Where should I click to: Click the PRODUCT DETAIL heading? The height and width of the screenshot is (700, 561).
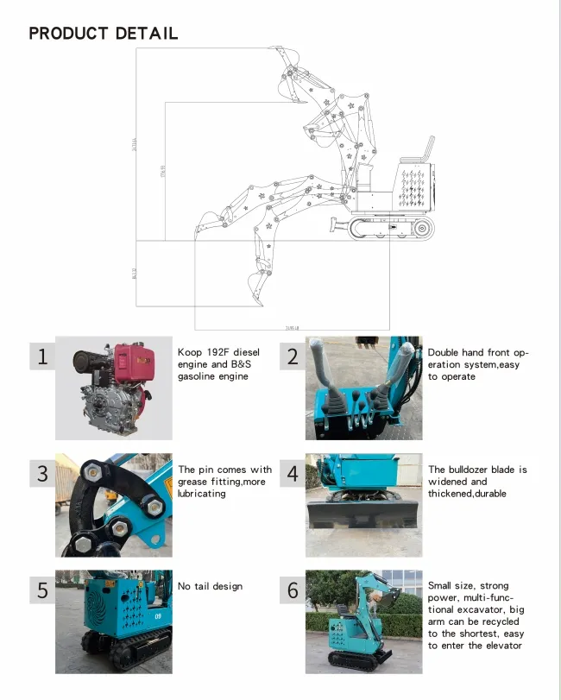tap(104, 34)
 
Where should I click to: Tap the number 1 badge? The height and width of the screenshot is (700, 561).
tap(42, 356)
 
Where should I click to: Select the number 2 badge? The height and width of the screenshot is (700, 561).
tap(293, 356)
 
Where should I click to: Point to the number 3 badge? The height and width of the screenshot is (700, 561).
tap(42, 473)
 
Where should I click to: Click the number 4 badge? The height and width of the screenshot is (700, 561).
tap(293, 473)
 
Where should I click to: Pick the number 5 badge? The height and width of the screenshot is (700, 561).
tap(42, 590)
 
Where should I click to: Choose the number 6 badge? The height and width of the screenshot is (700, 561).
tap(293, 590)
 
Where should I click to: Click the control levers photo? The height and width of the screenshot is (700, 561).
tap(363, 388)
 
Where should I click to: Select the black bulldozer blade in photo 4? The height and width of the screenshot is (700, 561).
tap(362, 515)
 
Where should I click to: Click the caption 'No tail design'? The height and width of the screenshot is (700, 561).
tap(210, 587)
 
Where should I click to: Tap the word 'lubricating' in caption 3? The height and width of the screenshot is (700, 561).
tap(201, 494)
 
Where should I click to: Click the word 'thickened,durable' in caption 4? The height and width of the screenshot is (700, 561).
tap(467, 494)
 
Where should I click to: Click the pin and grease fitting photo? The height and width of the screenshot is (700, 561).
tap(112, 505)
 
